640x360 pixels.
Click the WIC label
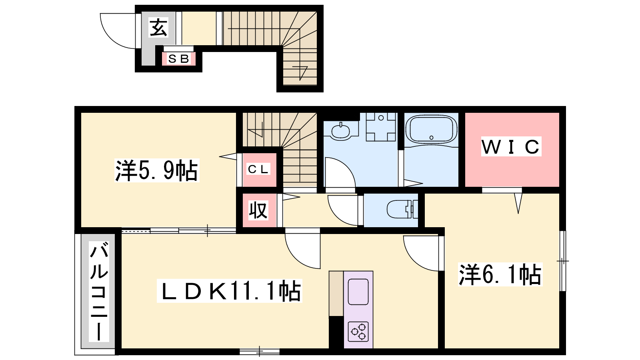coord(511,146)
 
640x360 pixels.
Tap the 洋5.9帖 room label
coord(156,170)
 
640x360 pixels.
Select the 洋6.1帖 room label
coord(500,274)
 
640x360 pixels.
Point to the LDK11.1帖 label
coord(230,291)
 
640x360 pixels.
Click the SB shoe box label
coord(179,59)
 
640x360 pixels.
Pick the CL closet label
coord(258,170)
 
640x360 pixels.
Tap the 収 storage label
coord(258,210)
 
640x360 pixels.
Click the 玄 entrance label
coord(158,28)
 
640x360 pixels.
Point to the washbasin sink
coord(340,131)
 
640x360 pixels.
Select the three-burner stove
coord(358,332)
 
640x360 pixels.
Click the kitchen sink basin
coord(358,292)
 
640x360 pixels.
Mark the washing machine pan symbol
coord(381,127)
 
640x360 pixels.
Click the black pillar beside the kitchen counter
coord(336,332)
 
